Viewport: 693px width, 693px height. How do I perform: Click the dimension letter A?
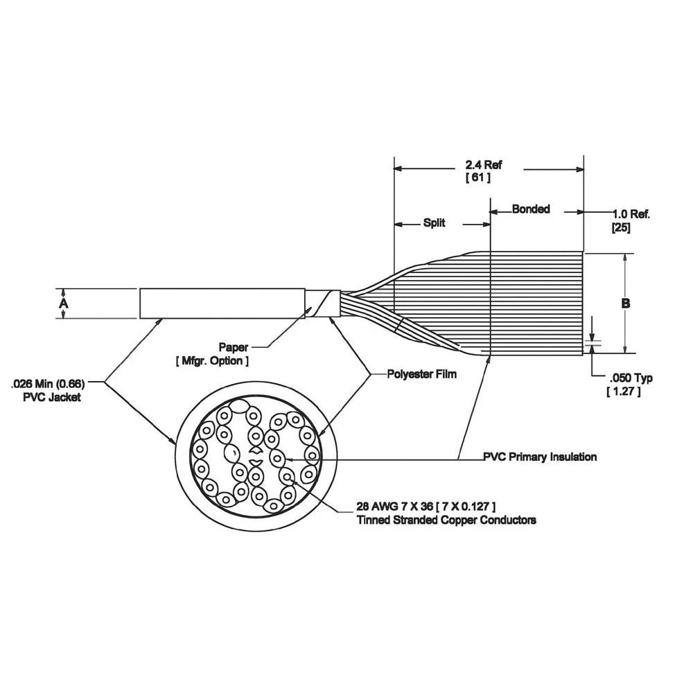(x=64, y=304)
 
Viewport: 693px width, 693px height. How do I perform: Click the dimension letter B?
(x=625, y=304)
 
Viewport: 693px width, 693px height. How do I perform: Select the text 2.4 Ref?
(x=483, y=165)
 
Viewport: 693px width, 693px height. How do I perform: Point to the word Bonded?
(x=530, y=209)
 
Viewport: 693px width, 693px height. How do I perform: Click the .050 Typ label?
(x=631, y=378)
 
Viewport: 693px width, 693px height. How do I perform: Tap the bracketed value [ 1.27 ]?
(x=623, y=392)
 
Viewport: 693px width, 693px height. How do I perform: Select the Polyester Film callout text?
(x=422, y=374)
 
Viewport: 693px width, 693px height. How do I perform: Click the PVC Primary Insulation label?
(x=540, y=457)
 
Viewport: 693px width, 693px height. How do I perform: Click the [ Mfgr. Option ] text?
(x=211, y=361)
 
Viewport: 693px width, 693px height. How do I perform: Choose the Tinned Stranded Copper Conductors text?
(x=446, y=520)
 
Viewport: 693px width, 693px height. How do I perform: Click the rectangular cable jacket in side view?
(x=222, y=304)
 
